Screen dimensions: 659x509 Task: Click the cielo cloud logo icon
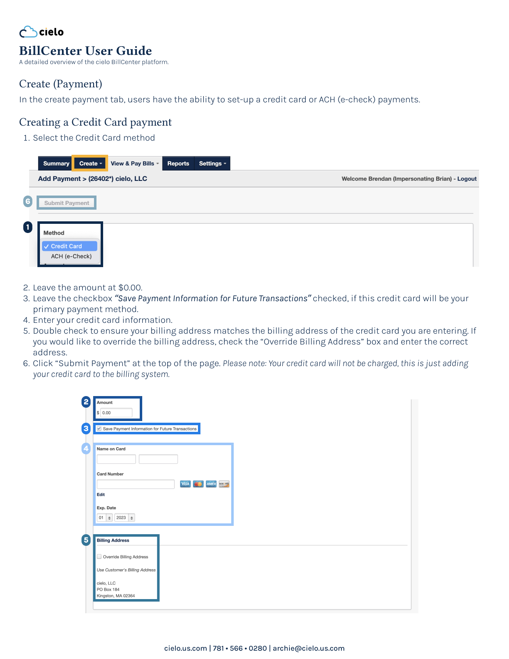(x=28, y=32)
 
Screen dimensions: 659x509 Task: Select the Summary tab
(x=56, y=164)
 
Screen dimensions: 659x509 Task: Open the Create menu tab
(x=90, y=164)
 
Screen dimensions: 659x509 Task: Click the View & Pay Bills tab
(x=134, y=164)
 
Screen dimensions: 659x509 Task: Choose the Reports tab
(x=178, y=164)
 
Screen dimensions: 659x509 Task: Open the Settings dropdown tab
(x=212, y=164)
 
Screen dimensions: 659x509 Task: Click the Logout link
(x=467, y=179)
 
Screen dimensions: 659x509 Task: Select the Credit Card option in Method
(x=69, y=246)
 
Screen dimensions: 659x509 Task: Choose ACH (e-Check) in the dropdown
(x=71, y=256)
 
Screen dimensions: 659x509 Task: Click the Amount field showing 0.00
(x=116, y=413)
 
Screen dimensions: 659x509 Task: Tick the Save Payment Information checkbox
(x=99, y=429)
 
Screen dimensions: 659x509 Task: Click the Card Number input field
(x=136, y=484)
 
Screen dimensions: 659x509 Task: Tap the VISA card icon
(x=185, y=484)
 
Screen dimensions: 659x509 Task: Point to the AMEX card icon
(x=211, y=484)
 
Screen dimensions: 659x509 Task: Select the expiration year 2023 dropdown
(x=125, y=518)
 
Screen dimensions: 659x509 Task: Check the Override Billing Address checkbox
(x=99, y=557)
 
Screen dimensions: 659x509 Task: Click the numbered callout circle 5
(x=86, y=540)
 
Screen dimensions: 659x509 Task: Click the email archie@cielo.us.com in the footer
(x=309, y=648)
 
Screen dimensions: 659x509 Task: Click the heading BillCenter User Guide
(x=85, y=51)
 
